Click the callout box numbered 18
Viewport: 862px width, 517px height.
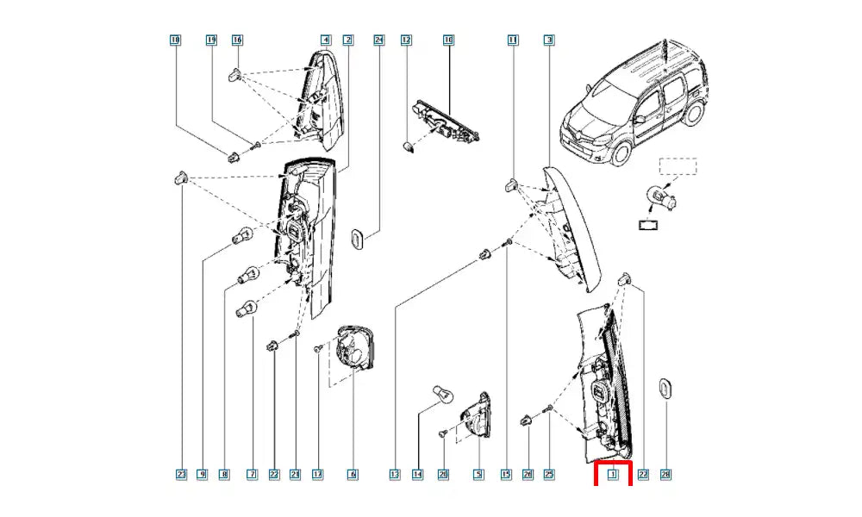[176, 40]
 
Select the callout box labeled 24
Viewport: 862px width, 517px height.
[378, 40]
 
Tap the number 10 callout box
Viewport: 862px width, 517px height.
[448, 40]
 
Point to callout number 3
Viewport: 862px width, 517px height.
[549, 40]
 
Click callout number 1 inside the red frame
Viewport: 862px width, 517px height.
[614, 474]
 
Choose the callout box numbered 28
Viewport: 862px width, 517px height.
[665, 474]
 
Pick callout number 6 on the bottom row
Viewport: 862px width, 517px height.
[352, 474]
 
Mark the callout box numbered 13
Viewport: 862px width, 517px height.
[395, 474]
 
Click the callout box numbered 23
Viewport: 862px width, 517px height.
[181, 474]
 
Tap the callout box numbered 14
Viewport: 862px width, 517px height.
[418, 474]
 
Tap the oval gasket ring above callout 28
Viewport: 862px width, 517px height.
[665, 389]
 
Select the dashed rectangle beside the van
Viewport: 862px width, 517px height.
[678, 166]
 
